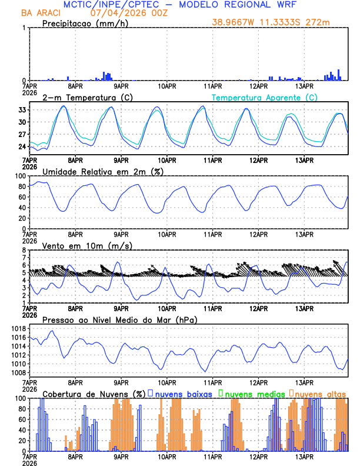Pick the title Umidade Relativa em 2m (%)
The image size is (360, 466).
[x=103, y=171]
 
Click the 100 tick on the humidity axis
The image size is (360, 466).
[x=20, y=176]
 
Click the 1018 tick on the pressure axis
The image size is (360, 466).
[x=18, y=328]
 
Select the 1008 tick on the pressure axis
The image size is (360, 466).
[x=18, y=372]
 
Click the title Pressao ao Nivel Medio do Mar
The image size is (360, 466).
[x=119, y=319]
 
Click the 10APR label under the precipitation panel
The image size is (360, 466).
[x=167, y=86]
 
